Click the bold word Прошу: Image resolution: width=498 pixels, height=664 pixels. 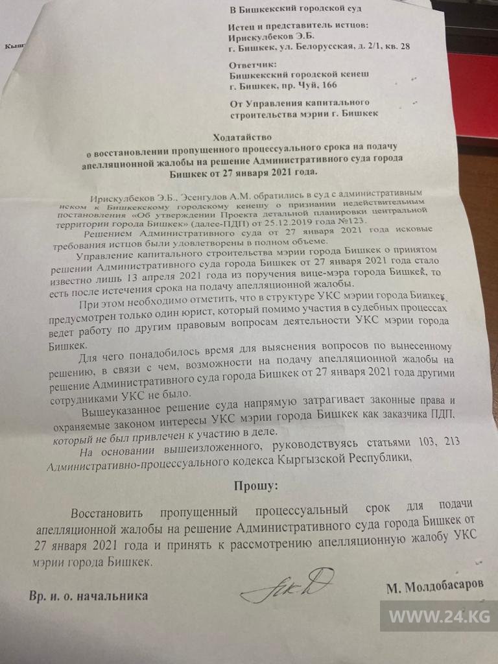pos(250,484)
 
